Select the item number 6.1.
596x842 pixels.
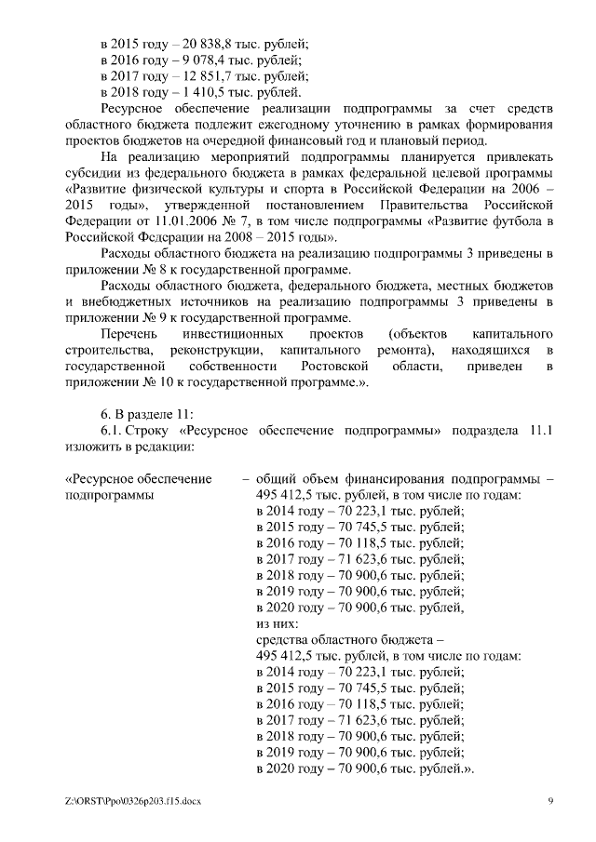pyautogui.click(x=111, y=430)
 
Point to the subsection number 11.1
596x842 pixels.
pyautogui.click(x=540, y=430)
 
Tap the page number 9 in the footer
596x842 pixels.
pyautogui.click(x=549, y=801)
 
